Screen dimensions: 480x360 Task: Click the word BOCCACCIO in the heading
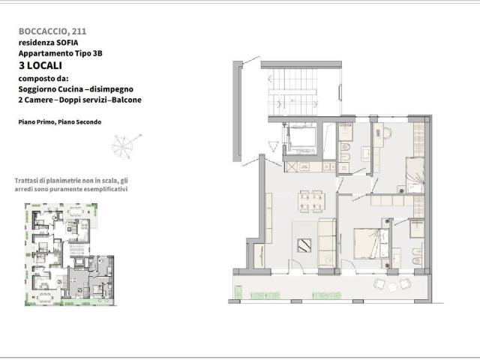[43, 31]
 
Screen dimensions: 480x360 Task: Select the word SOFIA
[67, 43]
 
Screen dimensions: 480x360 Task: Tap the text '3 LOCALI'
[40, 65]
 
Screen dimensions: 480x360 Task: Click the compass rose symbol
[126, 145]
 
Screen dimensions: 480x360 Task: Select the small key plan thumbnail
[70, 255]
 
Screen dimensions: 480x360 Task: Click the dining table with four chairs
[311, 201]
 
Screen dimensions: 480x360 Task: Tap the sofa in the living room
[327, 243]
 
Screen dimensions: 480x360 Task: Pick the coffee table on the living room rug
[304, 246]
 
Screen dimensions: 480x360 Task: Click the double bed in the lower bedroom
[371, 243]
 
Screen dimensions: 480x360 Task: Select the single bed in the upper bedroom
[415, 175]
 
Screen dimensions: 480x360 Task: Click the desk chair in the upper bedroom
[387, 133]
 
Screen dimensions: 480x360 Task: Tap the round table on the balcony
[392, 286]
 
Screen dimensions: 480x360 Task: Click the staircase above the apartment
[293, 91]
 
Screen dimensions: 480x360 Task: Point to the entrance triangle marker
[273, 146]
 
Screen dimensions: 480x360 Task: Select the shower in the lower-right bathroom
[417, 229]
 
